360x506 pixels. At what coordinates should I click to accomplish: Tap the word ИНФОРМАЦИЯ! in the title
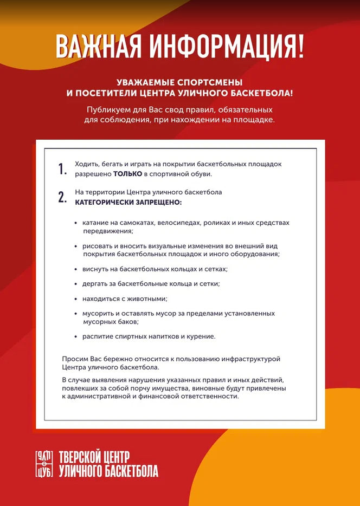click(x=227, y=47)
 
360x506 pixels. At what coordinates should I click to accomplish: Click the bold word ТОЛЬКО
click(x=127, y=174)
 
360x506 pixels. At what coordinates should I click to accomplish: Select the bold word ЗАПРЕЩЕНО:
click(x=157, y=202)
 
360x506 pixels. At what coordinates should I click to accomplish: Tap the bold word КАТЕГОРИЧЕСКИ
click(x=102, y=202)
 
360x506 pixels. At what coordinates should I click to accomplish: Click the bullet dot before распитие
click(x=76, y=337)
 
